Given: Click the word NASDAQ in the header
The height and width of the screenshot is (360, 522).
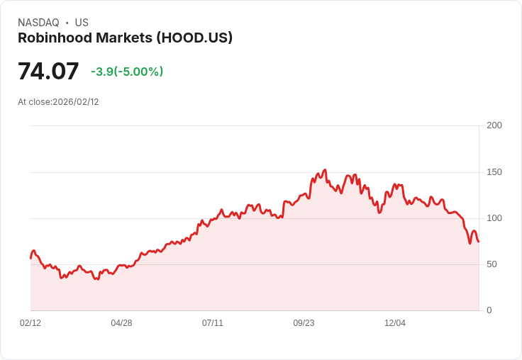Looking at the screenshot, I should (x=38, y=23).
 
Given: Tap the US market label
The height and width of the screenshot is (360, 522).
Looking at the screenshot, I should (x=82, y=23).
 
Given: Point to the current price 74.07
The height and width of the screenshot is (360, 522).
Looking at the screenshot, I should (x=48, y=72).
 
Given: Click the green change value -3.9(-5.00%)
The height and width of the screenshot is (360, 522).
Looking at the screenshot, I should (x=127, y=72).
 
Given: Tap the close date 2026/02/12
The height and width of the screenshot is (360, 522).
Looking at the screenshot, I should (x=76, y=102).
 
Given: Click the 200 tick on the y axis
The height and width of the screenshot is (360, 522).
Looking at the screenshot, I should (x=494, y=125).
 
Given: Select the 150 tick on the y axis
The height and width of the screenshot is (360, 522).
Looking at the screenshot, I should (x=494, y=172).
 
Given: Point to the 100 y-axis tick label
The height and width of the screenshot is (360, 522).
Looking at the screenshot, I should (x=494, y=218).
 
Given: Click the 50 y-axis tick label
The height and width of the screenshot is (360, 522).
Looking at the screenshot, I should (x=492, y=264).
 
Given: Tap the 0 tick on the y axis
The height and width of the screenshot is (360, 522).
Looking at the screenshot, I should (x=489, y=310).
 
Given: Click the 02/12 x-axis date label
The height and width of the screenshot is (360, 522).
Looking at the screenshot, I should (x=30, y=323).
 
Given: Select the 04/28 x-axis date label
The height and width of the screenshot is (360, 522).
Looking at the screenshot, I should (x=121, y=323).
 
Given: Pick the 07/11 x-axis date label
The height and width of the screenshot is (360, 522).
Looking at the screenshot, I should (x=213, y=323).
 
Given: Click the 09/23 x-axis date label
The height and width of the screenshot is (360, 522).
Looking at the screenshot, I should (x=304, y=323).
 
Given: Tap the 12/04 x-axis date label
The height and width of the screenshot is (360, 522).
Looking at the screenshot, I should (x=395, y=323).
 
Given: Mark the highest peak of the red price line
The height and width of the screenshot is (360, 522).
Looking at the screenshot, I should (x=325, y=170).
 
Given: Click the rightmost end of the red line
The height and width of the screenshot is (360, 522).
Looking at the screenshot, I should (x=479, y=242).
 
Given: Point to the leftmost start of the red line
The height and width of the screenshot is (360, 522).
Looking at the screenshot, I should (x=30, y=258).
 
